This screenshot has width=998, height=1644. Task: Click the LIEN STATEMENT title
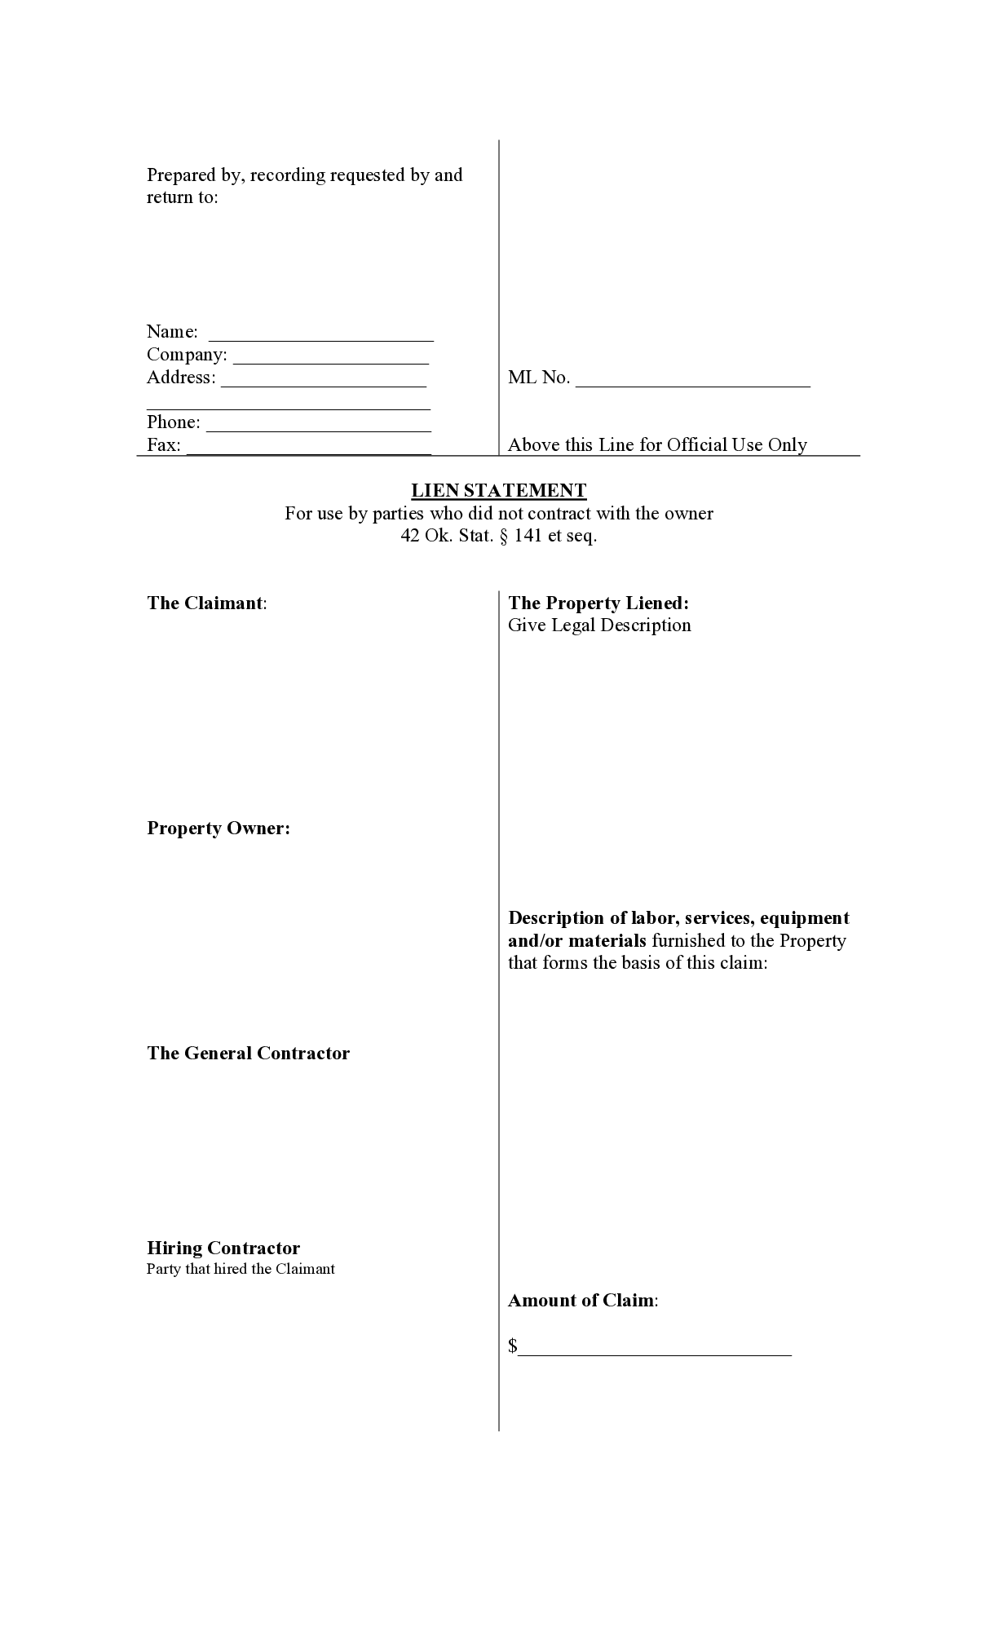(x=498, y=490)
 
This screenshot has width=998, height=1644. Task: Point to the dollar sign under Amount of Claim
(x=513, y=1346)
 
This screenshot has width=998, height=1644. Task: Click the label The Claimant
(x=205, y=603)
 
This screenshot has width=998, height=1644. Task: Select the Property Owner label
(x=218, y=828)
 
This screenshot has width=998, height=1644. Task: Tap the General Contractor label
(x=248, y=1053)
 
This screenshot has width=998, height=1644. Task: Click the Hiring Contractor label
(x=223, y=1248)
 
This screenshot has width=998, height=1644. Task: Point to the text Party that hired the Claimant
(x=241, y=1269)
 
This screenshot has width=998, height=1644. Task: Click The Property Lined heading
(x=598, y=603)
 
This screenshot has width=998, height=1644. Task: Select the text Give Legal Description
(x=599, y=625)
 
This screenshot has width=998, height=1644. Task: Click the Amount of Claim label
(x=581, y=1300)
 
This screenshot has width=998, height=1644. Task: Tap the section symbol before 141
(x=503, y=536)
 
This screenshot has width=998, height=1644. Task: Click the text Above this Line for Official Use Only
(x=657, y=444)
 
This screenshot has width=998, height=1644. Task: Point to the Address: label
(x=181, y=377)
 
